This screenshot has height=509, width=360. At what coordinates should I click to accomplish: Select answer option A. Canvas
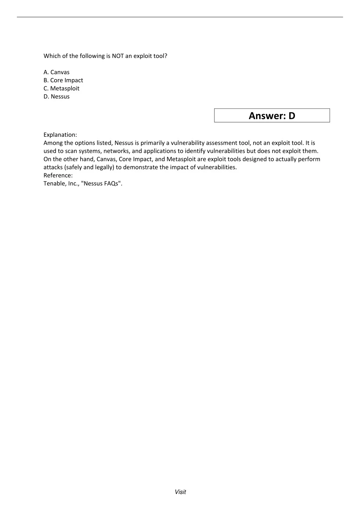(57, 72)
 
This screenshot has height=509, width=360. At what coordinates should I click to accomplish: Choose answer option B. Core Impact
(63, 80)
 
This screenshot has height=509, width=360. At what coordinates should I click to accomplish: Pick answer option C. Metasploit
(62, 88)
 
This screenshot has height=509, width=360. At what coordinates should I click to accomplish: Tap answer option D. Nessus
(57, 96)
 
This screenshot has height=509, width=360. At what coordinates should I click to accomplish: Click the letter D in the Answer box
(292, 116)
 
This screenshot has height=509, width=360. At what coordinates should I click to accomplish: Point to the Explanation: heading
(60, 135)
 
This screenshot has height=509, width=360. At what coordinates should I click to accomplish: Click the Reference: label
(58, 175)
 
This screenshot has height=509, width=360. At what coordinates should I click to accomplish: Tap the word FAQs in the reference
(112, 183)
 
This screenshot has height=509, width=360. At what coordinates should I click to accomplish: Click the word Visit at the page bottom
(180, 492)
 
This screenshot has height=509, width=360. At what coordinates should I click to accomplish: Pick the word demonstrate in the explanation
(140, 167)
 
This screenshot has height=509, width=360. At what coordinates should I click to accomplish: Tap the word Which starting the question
(52, 56)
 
